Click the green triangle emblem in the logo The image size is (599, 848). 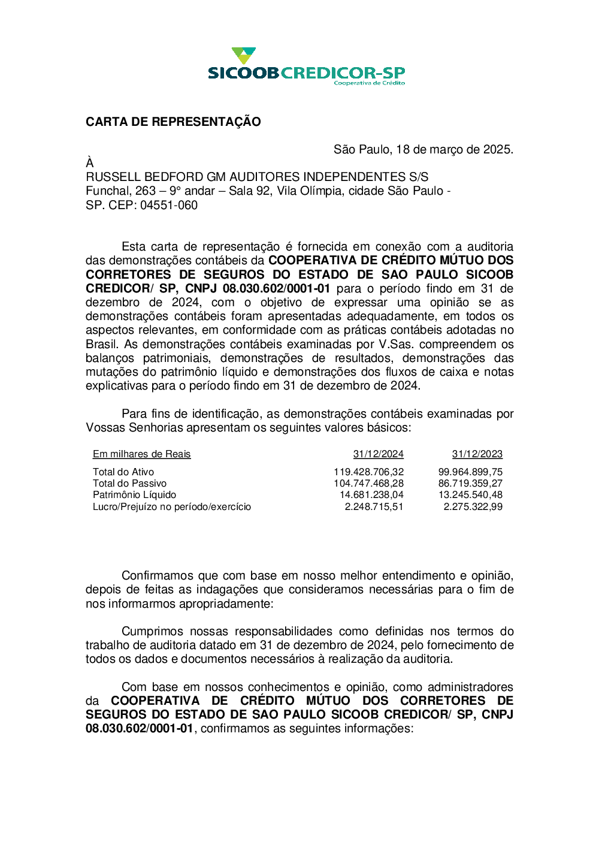(x=244, y=56)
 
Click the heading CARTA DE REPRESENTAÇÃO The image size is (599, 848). (x=173, y=122)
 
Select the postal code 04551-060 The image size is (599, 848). (x=169, y=205)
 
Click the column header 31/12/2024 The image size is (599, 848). (x=378, y=454)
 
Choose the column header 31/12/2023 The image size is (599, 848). (x=477, y=454)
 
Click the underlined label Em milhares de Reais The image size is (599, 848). (x=141, y=454)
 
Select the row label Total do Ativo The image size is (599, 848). (x=123, y=472)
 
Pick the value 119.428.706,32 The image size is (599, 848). (x=368, y=472)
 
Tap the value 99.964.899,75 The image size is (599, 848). (x=470, y=472)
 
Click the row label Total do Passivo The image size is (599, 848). (x=129, y=484)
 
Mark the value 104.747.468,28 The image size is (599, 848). (x=368, y=484)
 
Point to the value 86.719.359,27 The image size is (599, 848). (x=470, y=484)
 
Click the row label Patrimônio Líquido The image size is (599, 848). (x=134, y=495)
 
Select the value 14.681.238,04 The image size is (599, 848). (x=371, y=495)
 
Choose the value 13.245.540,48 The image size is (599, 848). (x=470, y=495)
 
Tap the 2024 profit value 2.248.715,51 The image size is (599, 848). (x=374, y=507)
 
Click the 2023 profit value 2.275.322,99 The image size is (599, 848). (x=473, y=507)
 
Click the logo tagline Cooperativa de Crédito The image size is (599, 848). (x=369, y=83)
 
